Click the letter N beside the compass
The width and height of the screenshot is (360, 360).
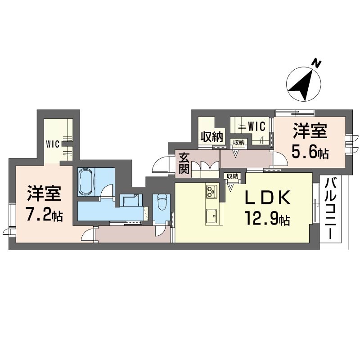317,63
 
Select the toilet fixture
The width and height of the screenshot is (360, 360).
162,204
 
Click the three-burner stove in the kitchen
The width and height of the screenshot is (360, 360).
211,192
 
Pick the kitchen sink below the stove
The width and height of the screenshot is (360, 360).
211,217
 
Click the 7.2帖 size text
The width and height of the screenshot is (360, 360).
43,215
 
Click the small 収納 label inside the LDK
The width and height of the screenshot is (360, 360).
232,176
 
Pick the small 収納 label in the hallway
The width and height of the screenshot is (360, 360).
238,142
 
